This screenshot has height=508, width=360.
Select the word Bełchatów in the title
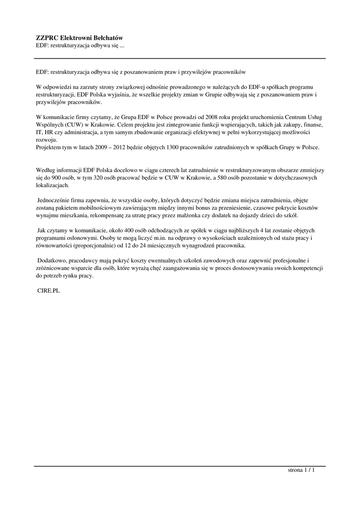click(x=108, y=38)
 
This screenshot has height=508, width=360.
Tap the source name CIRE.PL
click(x=49, y=291)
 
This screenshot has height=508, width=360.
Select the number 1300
click(x=189, y=147)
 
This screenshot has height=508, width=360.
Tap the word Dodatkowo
click(x=54, y=261)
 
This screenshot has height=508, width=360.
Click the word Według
click(x=46, y=170)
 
